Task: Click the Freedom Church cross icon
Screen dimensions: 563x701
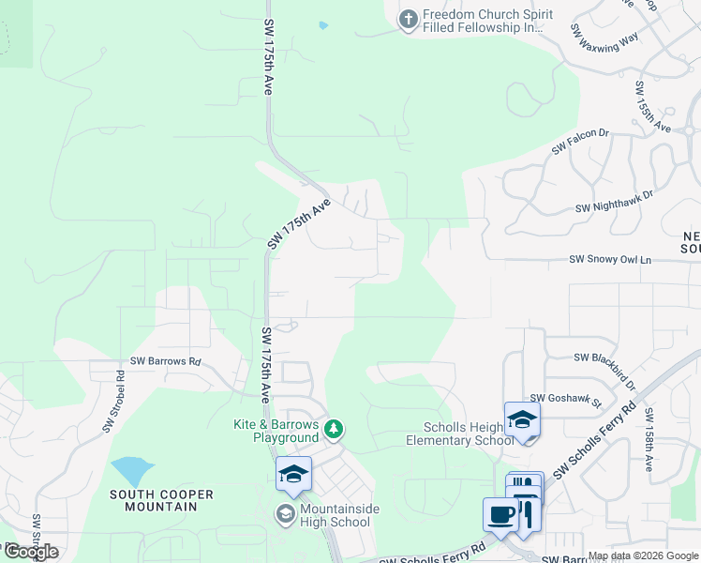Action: point(408,20)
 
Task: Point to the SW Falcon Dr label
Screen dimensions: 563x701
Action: point(580,142)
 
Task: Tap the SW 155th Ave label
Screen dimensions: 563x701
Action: point(652,106)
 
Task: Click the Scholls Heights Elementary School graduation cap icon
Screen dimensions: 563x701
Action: point(522,418)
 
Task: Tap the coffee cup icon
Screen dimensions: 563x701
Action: point(500,514)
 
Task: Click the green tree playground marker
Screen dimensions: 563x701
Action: point(334,430)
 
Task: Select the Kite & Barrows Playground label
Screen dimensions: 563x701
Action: point(276,432)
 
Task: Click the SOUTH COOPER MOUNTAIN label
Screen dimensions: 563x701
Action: point(161,500)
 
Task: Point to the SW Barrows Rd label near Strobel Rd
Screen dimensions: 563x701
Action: point(165,360)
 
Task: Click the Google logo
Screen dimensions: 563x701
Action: point(31,551)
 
